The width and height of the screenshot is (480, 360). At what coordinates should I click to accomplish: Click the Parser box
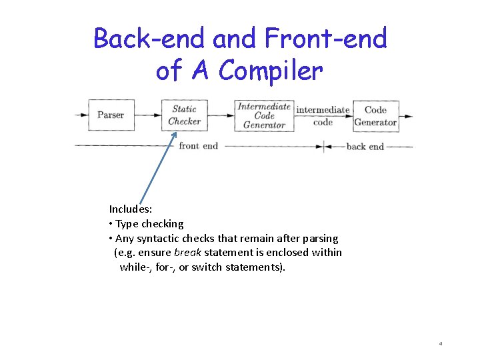click(111, 115)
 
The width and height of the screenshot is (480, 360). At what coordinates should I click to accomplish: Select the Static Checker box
click(184, 115)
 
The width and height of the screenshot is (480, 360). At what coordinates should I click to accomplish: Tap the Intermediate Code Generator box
click(265, 115)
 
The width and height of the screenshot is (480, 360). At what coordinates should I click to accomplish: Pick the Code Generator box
click(375, 115)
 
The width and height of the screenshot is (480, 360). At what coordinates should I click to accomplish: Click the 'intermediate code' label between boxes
click(323, 115)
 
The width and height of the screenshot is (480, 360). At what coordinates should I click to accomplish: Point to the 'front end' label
click(198, 145)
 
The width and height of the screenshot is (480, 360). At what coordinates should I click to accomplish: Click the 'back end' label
click(365, 146)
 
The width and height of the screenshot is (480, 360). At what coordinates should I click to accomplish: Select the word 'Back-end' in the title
click(150, 39)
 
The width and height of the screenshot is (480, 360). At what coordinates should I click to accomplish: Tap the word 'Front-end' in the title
click(325, 39)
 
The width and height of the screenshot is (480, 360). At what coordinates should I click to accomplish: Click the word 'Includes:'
click(131, 209)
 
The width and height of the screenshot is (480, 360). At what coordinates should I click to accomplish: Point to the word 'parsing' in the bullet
click(320, 239)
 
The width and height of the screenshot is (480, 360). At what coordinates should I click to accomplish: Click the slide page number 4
click(441, 344)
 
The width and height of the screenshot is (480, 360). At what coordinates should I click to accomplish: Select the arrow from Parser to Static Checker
click(148, 115)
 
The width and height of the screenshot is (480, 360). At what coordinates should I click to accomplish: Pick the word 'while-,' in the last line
click(135, 267)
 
